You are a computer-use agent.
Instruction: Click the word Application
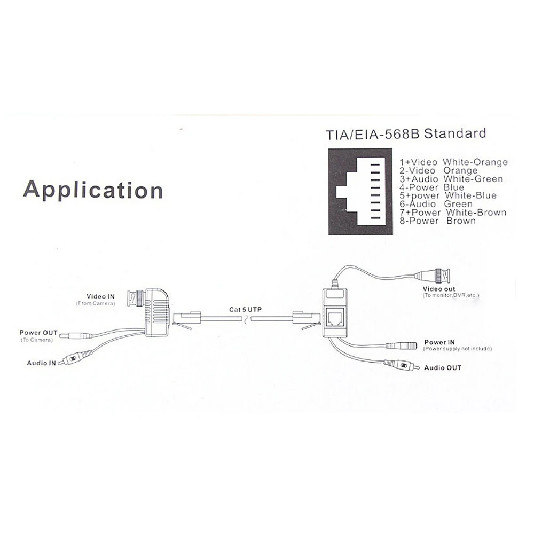point(93,190)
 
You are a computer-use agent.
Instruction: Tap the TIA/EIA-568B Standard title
point(406,133)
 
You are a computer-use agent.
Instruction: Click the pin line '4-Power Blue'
point(432,187)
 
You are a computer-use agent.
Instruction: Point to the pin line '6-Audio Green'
point(436,204)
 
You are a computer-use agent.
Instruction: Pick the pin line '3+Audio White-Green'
point(451,179)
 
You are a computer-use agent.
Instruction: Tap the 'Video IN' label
point(101,296)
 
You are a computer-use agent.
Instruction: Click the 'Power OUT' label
point(38,333)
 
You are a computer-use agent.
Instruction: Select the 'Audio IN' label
point(42,363)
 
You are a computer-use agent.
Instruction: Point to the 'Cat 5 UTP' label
point(246,309)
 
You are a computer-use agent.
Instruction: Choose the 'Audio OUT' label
point(443,367)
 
